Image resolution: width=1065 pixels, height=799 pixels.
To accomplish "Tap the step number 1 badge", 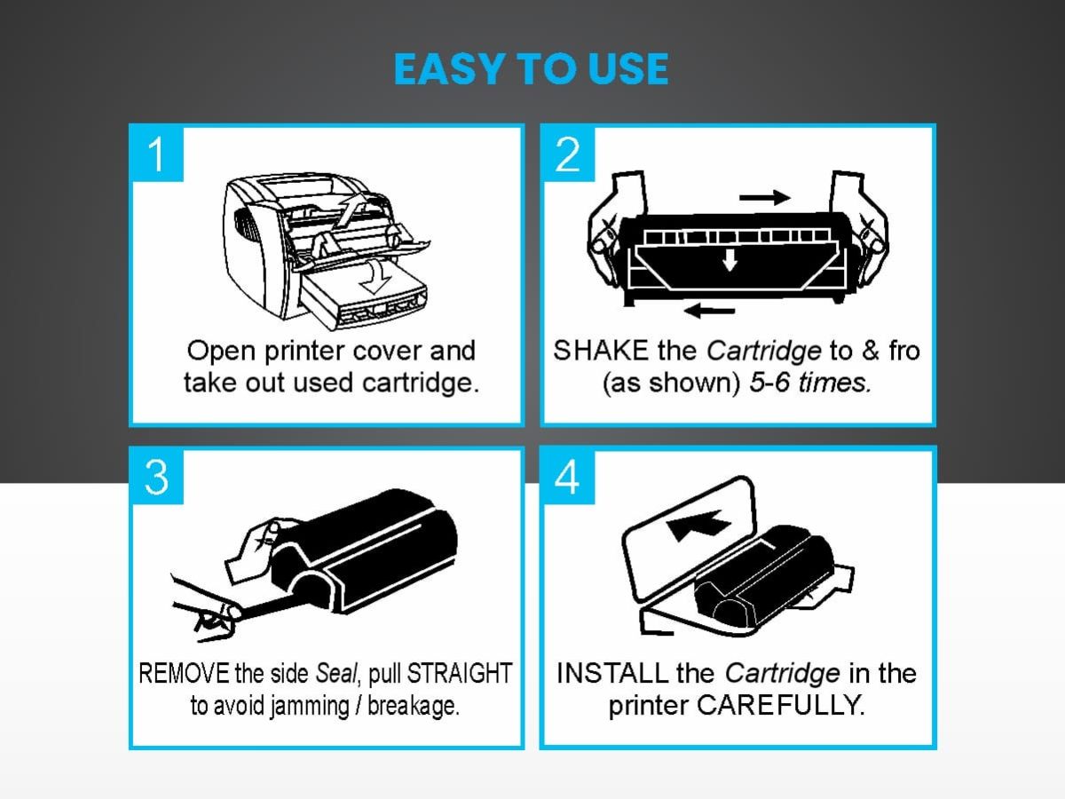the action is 156,154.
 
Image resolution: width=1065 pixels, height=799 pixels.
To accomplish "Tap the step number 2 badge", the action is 568,154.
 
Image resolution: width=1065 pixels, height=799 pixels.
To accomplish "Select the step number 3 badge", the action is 156,478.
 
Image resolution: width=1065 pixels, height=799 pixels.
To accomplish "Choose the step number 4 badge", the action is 568,478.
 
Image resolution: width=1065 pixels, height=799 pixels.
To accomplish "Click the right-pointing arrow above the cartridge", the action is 765,197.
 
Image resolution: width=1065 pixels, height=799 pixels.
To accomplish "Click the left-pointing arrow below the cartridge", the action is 709,310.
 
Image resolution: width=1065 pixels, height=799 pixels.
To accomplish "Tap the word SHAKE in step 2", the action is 601,351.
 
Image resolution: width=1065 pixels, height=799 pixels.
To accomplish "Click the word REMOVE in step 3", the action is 184,673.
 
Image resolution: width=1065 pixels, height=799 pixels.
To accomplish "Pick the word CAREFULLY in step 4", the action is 780,706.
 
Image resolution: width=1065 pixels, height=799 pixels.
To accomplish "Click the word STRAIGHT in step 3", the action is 460,673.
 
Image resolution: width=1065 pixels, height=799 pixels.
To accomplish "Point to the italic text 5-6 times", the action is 810,383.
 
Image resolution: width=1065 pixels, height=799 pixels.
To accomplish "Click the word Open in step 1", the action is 222,352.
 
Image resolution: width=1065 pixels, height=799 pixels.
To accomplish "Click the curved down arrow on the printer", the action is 375,276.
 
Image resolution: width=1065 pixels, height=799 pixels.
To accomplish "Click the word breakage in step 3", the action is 413,707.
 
